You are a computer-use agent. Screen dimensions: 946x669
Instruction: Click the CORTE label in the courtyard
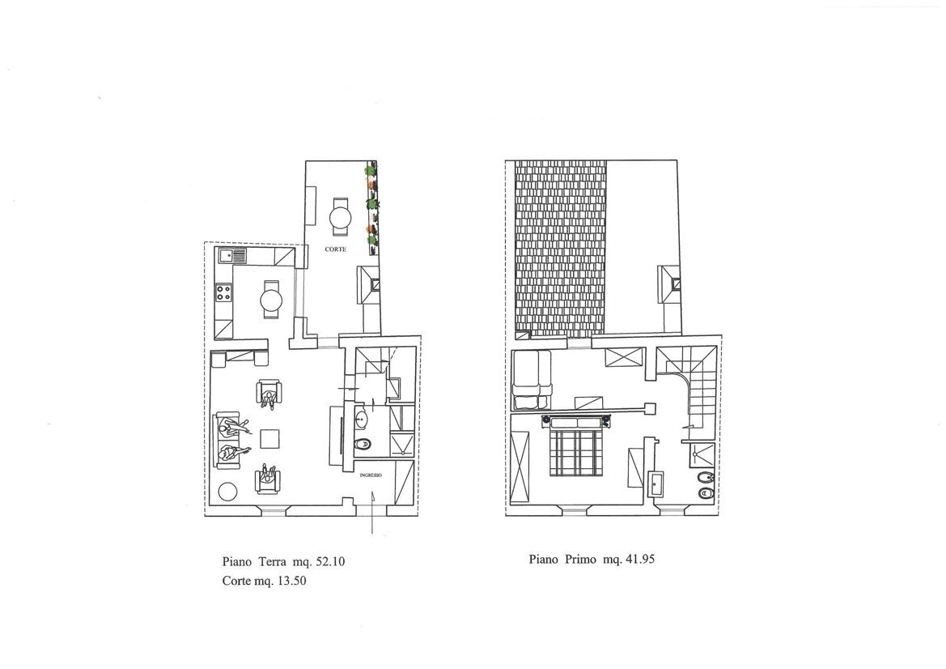tap(336, 249)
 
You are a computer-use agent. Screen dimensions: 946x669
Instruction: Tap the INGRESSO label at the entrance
tap(371, 475)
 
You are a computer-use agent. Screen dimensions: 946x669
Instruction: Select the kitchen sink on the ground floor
tap(232, 257)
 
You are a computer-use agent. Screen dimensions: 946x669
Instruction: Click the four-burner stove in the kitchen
tap(225, 294)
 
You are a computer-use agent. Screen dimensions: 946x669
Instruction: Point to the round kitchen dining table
tap(271, 299)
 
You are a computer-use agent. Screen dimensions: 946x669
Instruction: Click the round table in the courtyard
tap(341, 217)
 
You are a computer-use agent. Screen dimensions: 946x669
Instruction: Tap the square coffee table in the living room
tap(269, 437)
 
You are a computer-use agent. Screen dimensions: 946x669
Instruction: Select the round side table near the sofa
tap(227, 492)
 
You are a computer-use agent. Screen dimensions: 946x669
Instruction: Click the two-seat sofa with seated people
tap(227, 440)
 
